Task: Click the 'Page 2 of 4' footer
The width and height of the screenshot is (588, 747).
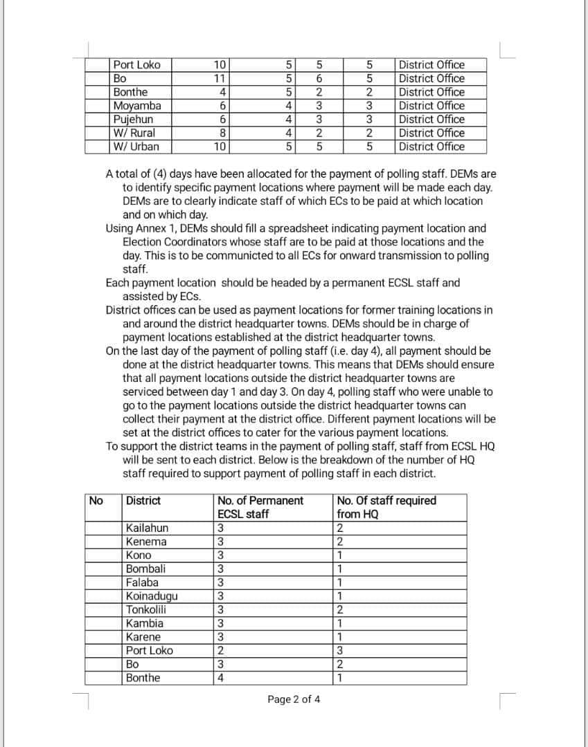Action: [294, 699]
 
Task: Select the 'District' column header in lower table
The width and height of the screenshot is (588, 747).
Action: [143, 500]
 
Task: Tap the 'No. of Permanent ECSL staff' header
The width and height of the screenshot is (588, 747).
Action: [260, 507]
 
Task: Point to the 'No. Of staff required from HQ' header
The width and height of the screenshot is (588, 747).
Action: [386, 507]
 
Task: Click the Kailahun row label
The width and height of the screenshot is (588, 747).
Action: [147, 528]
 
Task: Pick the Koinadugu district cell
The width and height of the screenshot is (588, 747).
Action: [152, 596]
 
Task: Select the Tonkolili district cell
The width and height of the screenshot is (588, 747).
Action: [146, 609]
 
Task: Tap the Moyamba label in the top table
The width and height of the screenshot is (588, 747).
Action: [137, 106]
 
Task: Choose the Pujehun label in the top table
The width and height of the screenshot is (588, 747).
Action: [133, 119]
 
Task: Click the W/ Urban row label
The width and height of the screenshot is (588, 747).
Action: [136, 147]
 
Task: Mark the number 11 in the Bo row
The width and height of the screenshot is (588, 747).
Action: [221, 79]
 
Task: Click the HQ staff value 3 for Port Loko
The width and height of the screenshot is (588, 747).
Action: [339, 651]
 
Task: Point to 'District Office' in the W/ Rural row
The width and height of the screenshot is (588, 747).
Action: [431, 133]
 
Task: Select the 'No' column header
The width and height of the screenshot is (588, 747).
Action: [96, 500]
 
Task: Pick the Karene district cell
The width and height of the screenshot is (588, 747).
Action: [143, 637]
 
